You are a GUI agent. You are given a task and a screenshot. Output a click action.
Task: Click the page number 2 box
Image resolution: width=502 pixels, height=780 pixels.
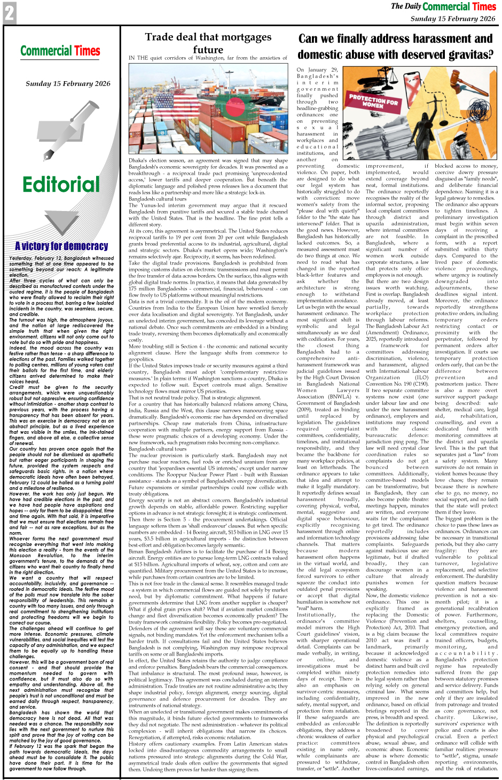point(9,13)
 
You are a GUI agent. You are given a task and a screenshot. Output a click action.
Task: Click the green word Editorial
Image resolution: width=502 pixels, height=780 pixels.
point(61,185)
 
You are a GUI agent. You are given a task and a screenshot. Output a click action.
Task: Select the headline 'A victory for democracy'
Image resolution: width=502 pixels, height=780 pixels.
point(61,246)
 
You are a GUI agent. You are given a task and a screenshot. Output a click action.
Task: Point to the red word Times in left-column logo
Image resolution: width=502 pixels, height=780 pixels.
point(87,51)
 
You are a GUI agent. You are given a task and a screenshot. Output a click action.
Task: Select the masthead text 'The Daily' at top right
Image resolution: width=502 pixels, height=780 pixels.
point(406,6)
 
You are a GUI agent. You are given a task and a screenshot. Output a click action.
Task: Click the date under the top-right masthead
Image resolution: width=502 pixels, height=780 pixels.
point(453,19)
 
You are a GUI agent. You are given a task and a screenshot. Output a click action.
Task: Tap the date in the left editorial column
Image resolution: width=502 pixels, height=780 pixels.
point(68,83)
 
